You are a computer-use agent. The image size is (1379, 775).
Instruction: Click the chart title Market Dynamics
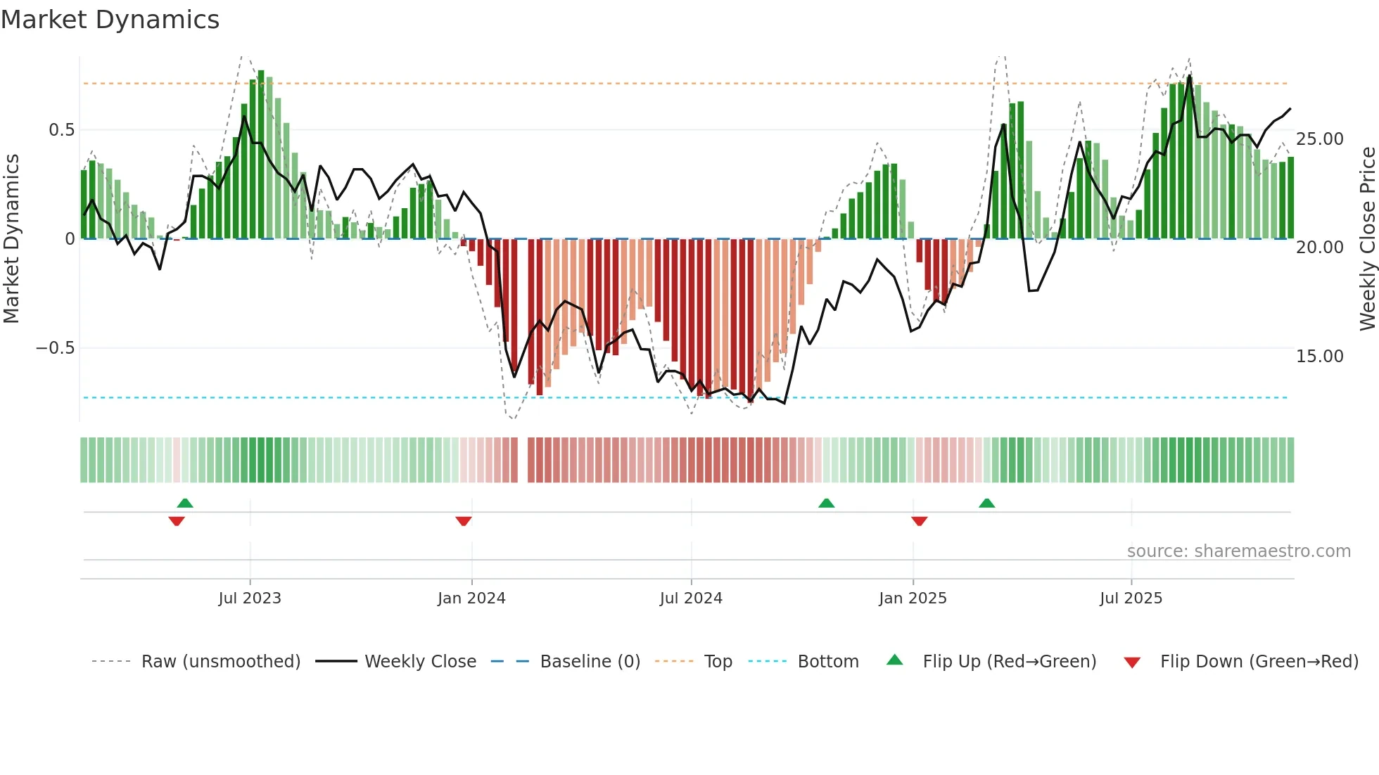[x=110, y=20]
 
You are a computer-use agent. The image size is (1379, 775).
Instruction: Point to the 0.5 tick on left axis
[x=61, y=130]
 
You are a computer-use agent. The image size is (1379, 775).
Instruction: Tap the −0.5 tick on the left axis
[x=55, y=348]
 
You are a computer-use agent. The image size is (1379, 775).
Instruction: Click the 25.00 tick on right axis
[x=1319, y=139]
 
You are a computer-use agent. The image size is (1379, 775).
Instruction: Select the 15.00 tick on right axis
[x=1319, y=356]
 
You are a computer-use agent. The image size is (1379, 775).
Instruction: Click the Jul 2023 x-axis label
[x=250, y=598]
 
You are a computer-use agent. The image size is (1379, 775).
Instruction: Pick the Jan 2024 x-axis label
[x=471, y=598]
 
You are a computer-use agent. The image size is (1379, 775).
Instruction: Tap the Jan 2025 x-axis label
[x=913, y=598]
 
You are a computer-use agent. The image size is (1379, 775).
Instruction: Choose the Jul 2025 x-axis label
[x=1131, y=598]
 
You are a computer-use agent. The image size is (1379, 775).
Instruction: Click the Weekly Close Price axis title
[x=1367, y=239]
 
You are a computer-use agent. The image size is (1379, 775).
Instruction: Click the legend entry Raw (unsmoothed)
[x=220, y=662]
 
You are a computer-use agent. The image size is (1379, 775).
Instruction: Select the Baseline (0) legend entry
[x=590, y=662]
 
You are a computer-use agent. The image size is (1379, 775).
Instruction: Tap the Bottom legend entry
[x=827, y=662]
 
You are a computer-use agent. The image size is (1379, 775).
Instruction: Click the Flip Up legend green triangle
[x=894, y=660]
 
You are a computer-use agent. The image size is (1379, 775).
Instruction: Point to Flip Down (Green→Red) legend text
[x=1259, y=662]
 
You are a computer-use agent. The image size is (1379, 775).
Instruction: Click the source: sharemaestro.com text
[x=1238, y=551]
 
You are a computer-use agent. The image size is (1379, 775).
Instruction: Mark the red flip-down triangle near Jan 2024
[x=464, y=521]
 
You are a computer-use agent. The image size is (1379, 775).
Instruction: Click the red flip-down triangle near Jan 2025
[x=919, y=521]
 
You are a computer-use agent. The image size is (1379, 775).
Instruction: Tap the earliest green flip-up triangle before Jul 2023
[x=185, y=503]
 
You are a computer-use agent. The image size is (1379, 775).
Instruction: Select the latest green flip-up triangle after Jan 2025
[x=986, y=503]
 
